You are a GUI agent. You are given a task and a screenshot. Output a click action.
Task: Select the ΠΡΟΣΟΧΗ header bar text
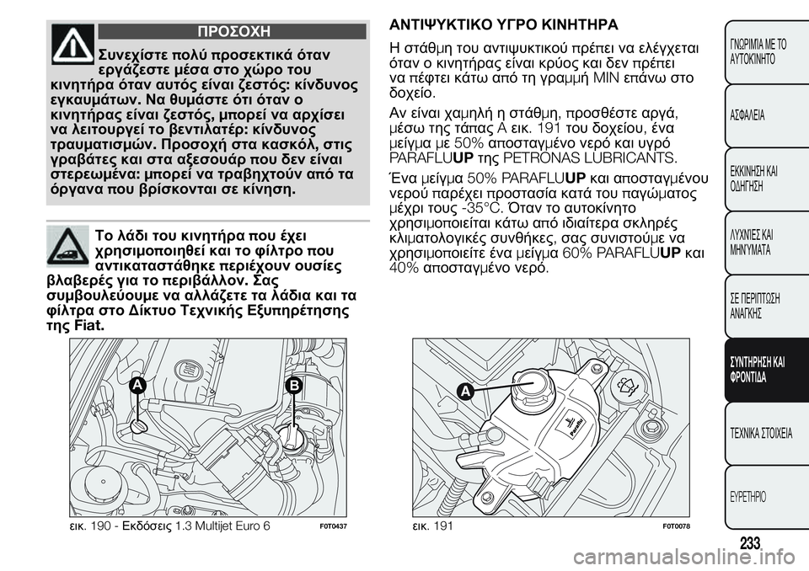click(x=233, y=31)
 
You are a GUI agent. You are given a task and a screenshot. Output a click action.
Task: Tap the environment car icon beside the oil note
click(x=72, y=244)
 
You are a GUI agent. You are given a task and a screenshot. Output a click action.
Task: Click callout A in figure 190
click(x=138, y=385)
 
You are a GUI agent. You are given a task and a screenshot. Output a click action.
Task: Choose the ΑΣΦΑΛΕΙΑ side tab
click(x=747, y=115)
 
